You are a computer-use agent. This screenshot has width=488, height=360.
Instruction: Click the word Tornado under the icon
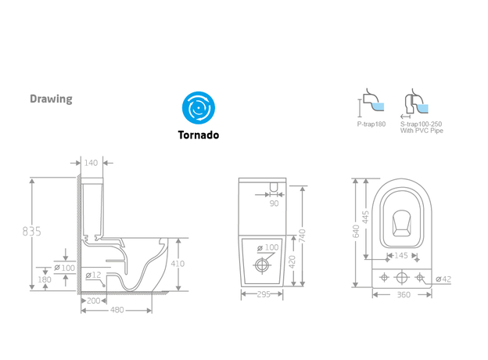198,135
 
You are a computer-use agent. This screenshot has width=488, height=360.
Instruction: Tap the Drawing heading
51,99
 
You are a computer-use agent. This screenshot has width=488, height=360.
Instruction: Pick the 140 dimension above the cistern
91,163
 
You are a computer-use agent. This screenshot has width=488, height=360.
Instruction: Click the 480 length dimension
117,309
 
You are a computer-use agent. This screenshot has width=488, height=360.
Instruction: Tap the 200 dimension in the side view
93,300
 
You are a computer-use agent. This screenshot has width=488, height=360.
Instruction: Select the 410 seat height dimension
178,264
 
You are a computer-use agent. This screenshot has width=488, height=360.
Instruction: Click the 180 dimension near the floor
45,279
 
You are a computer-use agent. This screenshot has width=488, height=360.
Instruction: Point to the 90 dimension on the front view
274,203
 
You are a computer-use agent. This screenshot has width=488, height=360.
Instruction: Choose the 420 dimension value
292,261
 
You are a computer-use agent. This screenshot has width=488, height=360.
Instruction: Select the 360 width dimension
404,295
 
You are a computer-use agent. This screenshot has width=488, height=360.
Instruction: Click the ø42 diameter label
443,279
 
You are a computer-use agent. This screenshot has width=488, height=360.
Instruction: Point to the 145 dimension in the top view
401,256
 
